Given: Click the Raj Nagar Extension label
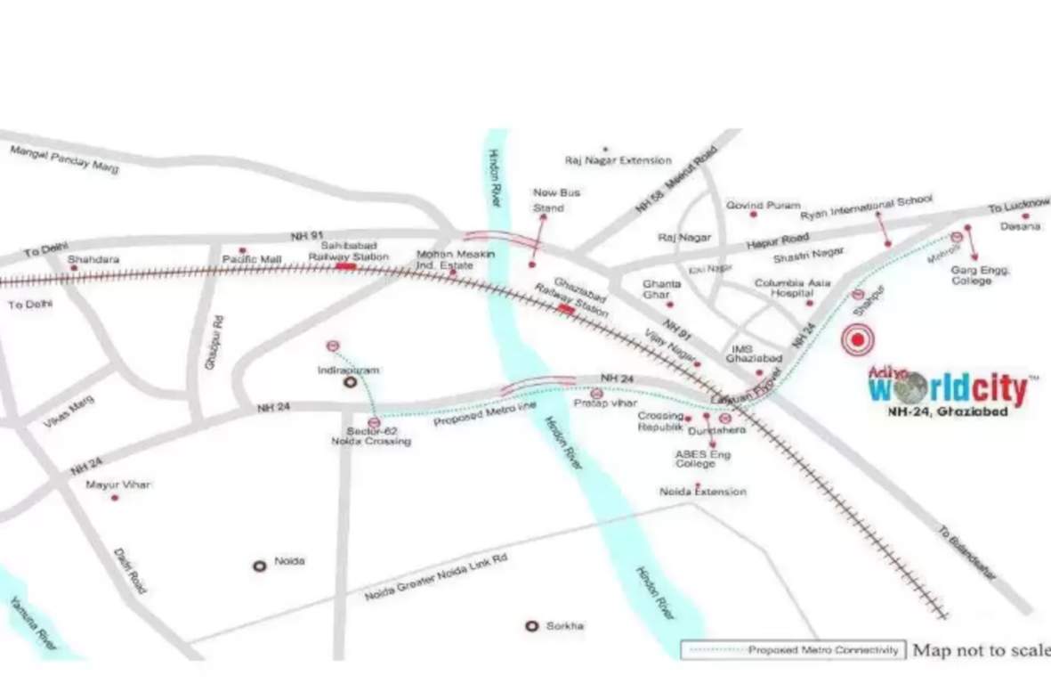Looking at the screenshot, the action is pyautogui.click(x=618, y=160).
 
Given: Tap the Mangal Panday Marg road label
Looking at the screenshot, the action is pyautogui.click(x=63, y=160).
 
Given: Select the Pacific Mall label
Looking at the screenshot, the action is pyautogui.click(x=252, y=259).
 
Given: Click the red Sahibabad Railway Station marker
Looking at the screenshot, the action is pyautogui.click(x=345, y=265).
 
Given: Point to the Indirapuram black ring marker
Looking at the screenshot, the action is pyautogui.click(x=351, y=383).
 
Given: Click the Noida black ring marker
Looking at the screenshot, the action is pyautogui.click(x=260, y=566).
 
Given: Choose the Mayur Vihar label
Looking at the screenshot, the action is pyautogui.click(x=117, y=484).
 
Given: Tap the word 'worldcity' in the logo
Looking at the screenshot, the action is pyautogui.click(x=947, y=390).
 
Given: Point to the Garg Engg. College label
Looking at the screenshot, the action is pyautogui.click(x=981, y=274).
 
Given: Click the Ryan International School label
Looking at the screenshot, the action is pyautogui.click(x=866, y=208).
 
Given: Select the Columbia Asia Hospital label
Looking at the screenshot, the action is pyautogui.click(x=793, y=288).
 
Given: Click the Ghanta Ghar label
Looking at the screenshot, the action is pyautogui.click(x=662, y=289).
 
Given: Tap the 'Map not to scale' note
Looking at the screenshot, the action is pyautogui.click(x=982, y=650).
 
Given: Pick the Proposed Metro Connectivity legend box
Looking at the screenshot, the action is pyautogui.click(x=794, y=650).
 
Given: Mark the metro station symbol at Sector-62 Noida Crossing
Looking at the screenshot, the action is pyautogui.click(x=374, y=422).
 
